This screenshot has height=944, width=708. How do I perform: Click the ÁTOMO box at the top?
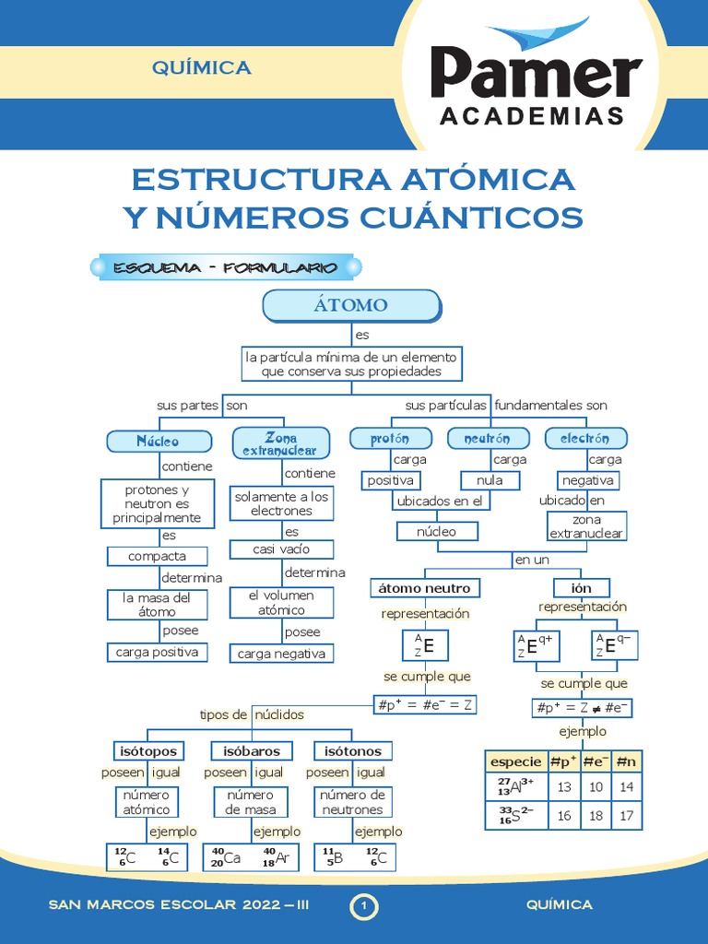click(x=351, y=305)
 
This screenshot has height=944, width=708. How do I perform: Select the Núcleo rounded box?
click(x=158, y=442)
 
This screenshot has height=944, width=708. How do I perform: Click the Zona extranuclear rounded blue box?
click(x=280, y=442)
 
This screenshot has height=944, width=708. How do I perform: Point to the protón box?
click(x=391, y=439)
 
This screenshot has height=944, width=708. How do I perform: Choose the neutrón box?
click(x=490, y=439)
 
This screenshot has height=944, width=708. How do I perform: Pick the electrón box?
click(x=584, y=439)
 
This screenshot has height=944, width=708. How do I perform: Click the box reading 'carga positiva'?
click(x=157, y=653)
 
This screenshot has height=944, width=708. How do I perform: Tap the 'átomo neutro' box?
click(x=425, y=588)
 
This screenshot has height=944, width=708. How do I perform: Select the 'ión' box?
click(x=581, y=588)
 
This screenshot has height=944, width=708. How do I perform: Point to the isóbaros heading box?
click(x=245, y=750)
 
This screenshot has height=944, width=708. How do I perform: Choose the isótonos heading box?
click(x=348, y=750)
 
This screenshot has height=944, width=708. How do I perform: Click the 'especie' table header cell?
click(x=516, y=761)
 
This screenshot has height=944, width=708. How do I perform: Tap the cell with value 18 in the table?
click(x=596, y=816)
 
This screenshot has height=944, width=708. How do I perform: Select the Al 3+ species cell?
click(x=516, y=787)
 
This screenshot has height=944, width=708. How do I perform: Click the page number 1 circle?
click(x=364, y=907)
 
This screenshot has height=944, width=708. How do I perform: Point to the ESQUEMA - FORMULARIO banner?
click(x=225, y=268)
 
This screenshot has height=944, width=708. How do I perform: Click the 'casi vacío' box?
click(x=281, y=549)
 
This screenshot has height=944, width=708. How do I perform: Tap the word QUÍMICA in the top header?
click(x=202, y=67)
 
